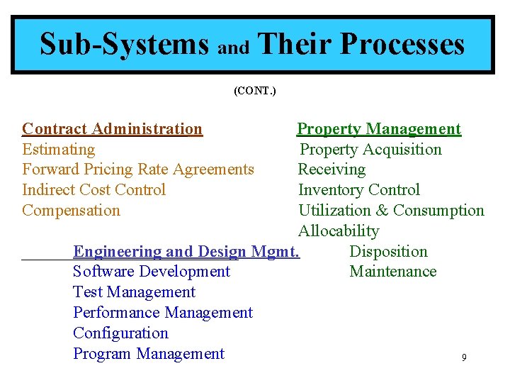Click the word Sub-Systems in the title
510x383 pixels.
(x=125, y=44)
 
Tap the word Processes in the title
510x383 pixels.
(x=402, y=44)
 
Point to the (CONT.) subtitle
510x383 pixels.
(x=255, y=91)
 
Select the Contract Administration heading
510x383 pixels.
(x=112, y=129)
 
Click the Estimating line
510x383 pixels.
(x=58, y=150)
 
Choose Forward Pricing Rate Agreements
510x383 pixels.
(x=137, y=170)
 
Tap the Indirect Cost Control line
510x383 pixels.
(x=93, y=190)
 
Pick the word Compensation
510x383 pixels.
(x=71, y=211)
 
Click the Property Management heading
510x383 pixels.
(x=378, y=129)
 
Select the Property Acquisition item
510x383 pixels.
(x=370, y=150)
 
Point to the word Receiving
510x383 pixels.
(x=331, y=170)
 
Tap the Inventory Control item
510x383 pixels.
(x=358, y=190)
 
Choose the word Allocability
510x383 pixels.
(x=339, y=231)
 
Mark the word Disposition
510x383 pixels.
(x=388, y=252)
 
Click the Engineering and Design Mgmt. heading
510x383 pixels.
(x=186, y=252)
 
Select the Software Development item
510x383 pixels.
(x=152, y=272)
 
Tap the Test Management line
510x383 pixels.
(x=134, y=292)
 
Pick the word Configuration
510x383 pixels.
(x=120, y=333)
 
